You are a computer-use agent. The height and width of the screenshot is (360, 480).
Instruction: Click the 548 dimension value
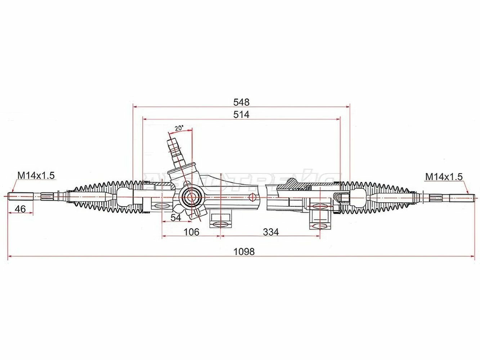click(241, 102)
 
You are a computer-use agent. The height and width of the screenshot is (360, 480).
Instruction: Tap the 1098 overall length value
click(244, 252)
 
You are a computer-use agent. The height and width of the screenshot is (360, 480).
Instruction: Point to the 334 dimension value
click(270, 232)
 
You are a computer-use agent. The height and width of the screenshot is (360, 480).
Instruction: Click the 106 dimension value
click(191, 232)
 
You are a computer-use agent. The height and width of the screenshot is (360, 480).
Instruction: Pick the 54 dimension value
click(175, 217)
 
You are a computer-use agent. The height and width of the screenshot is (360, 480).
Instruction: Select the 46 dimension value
click(21, 209)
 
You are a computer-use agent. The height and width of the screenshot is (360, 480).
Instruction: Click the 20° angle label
click(179, 128)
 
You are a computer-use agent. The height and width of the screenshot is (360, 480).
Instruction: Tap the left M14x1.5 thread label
click(36, 175)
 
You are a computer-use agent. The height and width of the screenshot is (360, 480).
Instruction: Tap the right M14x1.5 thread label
click(444, 176)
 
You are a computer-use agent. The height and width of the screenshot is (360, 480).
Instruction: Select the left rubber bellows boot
click(104, 197)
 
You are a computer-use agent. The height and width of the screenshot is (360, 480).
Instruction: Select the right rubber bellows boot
click(376, 197)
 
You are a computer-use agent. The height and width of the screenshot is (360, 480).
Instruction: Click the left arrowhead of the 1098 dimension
click(10, 256)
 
